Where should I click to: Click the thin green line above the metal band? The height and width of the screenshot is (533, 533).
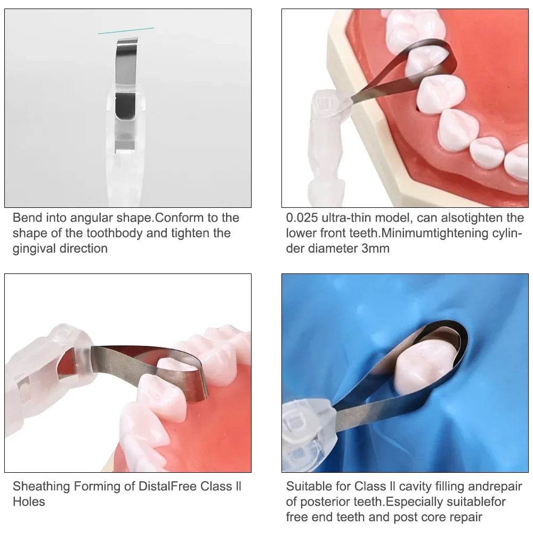(x=126, y=30)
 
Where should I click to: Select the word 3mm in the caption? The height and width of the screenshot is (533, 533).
(x=375, y=248)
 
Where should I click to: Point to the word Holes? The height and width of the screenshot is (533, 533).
(x=29, y=502)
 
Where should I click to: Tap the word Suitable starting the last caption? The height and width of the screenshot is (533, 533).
(x=309, y=487)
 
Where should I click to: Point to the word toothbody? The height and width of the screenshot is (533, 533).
(x=115, y=234)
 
